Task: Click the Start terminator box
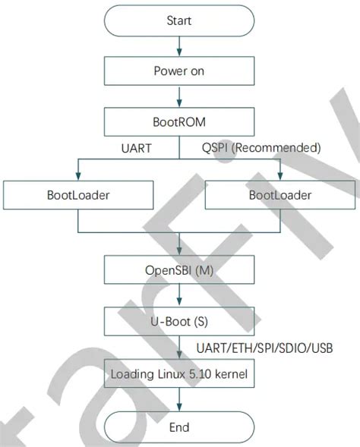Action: (x=178, y=21)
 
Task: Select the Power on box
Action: (x=178, y=71)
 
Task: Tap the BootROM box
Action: (x=178, y=121)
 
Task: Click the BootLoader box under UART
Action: (x=78, y=195)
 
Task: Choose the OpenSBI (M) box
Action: (x=178, y=269)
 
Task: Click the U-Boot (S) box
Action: (x=178, y=321)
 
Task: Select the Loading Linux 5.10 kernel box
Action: (x=178, y=374)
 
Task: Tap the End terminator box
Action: (x=178, y=427)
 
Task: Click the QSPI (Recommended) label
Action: (x=261, y=146)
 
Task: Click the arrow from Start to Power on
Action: (x=178, y=47)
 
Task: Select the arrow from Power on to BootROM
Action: (x=178, y=96)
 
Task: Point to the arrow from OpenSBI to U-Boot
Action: (x=178, y=295)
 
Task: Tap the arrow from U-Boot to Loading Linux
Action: (x=178, y=347)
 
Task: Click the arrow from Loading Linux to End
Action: (x=178, y=401)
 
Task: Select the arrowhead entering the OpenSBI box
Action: (x=178, y=252)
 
